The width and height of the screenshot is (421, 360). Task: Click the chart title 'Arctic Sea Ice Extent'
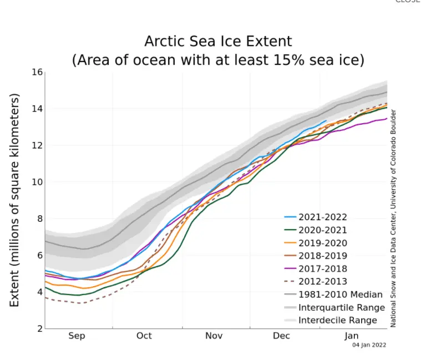218,42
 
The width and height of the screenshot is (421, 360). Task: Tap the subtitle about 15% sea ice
218,60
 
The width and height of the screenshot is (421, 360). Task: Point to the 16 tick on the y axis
37,72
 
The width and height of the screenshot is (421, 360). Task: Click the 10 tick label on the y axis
37,182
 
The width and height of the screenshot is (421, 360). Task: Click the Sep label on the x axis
77,336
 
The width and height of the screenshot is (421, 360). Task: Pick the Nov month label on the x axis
214,336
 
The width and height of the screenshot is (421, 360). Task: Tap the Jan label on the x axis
352,336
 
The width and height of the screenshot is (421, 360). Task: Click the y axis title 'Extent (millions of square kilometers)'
15,200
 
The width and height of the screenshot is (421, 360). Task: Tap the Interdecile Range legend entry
337,320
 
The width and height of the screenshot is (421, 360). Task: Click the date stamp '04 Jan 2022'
369,344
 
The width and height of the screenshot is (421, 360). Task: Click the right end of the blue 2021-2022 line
326,120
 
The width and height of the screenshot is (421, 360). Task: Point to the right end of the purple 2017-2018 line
387,118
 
